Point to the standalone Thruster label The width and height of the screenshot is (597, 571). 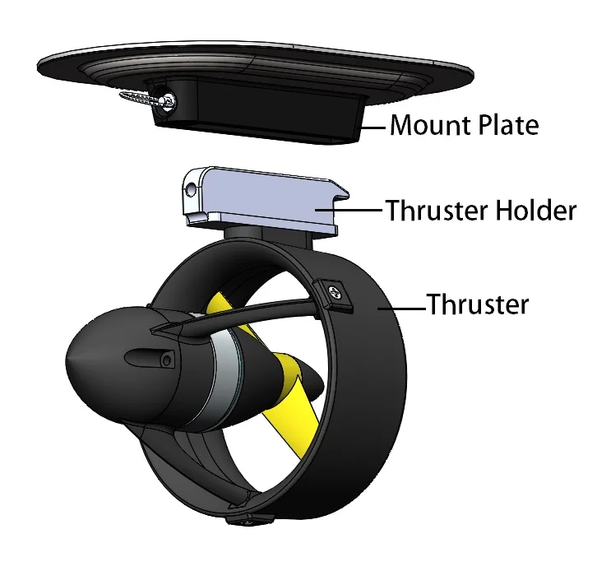477,304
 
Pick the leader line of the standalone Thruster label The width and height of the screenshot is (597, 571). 403,308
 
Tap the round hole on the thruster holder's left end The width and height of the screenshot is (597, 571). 191,190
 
